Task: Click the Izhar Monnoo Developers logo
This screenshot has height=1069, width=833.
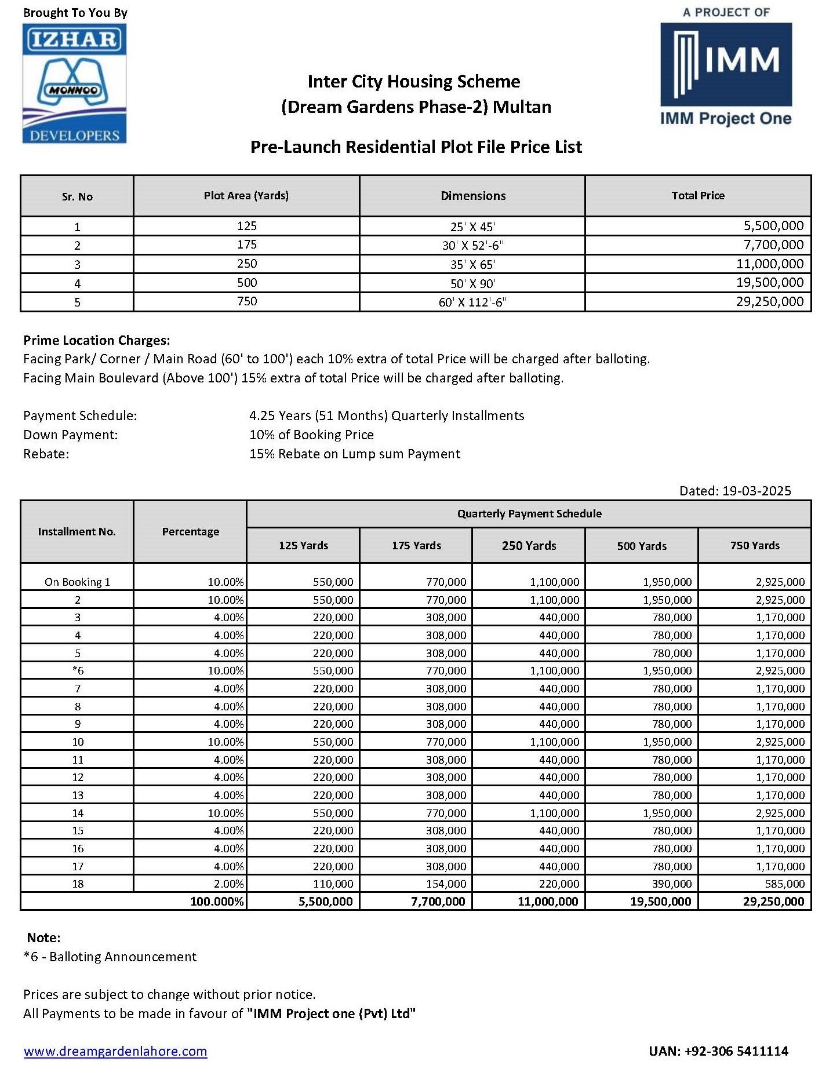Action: pos(74,84)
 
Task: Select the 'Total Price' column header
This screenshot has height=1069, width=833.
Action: pos(697,196)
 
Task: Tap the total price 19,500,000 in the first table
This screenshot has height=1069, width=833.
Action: pos(770,283)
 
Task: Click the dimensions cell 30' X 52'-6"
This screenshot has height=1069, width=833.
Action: pos(472,245)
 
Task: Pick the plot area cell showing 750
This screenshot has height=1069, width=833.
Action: pos(246,301)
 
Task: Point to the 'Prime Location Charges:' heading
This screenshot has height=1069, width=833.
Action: pos(97,340)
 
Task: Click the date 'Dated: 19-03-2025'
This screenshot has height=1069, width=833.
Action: pos(734,491)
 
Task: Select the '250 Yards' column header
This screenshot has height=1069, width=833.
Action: pos(529,545)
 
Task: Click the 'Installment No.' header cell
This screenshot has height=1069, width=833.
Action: pos(77,531)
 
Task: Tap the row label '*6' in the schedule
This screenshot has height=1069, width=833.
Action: pos(78,670)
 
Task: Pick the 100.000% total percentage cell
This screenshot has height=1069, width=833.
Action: pos(217,902)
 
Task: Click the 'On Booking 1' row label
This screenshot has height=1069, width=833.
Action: pos(77,582)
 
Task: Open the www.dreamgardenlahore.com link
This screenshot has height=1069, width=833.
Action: pos(115,1051)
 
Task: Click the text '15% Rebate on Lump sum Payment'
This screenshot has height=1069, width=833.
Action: pos(354,454)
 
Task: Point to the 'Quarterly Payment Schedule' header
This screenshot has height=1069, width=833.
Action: pos(529,513)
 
